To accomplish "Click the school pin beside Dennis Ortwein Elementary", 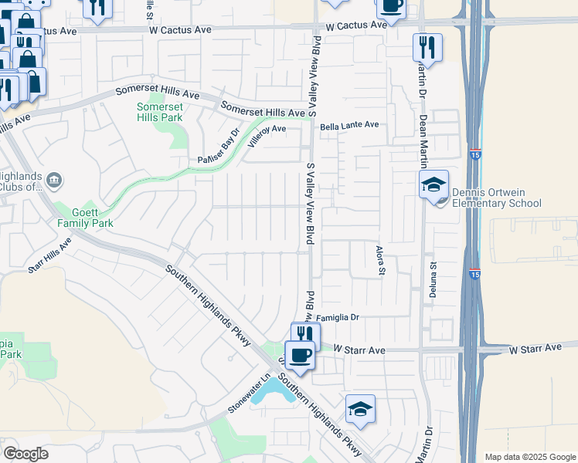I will point(433,184).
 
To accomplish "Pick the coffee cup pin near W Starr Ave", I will point(300,355).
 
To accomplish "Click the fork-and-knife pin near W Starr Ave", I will point(305,335).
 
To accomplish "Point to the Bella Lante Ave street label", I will point(350,124).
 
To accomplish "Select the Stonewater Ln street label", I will point(251,394).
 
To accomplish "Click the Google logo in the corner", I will point(26,454).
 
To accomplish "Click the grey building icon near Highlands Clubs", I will point(55,181).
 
